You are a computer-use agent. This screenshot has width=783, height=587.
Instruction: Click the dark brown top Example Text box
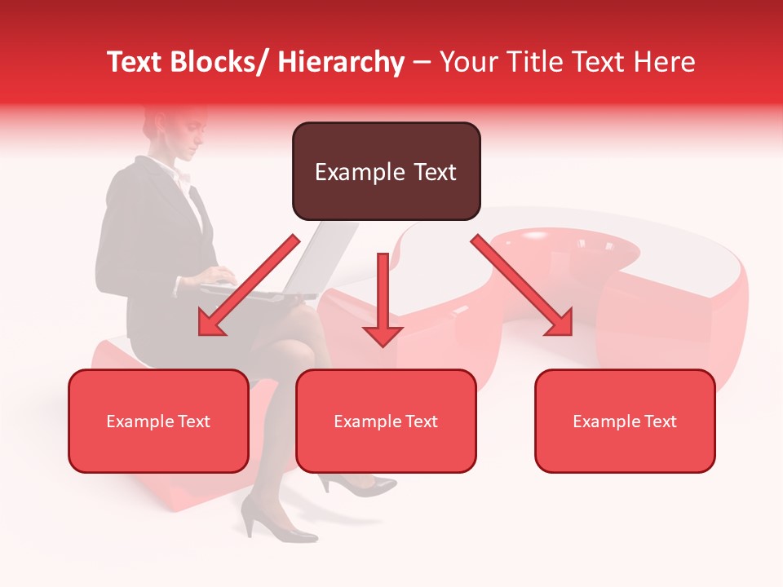[386, 171]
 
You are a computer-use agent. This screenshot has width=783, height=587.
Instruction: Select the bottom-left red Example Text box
[158, 421]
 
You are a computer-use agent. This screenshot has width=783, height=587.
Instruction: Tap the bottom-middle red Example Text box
[386, 421]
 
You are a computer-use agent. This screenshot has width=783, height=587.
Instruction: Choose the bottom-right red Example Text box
[625, 421]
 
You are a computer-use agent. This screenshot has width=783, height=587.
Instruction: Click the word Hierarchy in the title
[342, 62]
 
